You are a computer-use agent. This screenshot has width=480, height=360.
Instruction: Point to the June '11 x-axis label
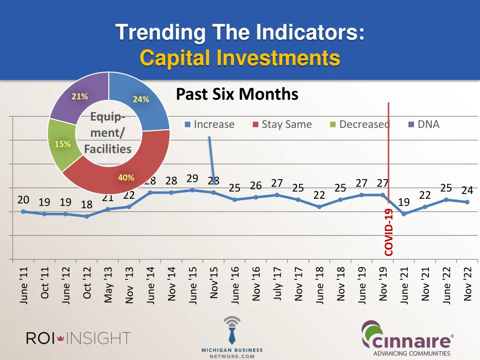pyautogui.click(x=24, y=285)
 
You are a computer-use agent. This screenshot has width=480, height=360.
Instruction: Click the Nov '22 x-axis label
pyautogui.click(x=467, y=285)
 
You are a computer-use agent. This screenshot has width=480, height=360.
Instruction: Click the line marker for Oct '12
pyautogui.click(x=87, y=217)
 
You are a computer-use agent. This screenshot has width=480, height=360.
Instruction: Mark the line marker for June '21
pyautogui.click(x=404, y=214)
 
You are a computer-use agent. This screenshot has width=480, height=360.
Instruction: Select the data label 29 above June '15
pyautogui.click(x=192, y=179)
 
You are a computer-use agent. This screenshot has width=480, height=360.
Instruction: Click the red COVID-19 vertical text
pyautogui.click(x=389, y=232)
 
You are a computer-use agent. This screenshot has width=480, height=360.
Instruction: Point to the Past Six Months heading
pyautogui.click(x=237, y=94)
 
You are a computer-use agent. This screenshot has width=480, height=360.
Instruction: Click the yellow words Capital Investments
pyautogui.click(x=240, y=58)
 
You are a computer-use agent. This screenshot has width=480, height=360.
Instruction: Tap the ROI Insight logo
pyautogui.click(x=78, y=337)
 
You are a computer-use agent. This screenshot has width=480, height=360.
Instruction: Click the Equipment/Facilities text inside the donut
pyautogui.click(x=108, y=133)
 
